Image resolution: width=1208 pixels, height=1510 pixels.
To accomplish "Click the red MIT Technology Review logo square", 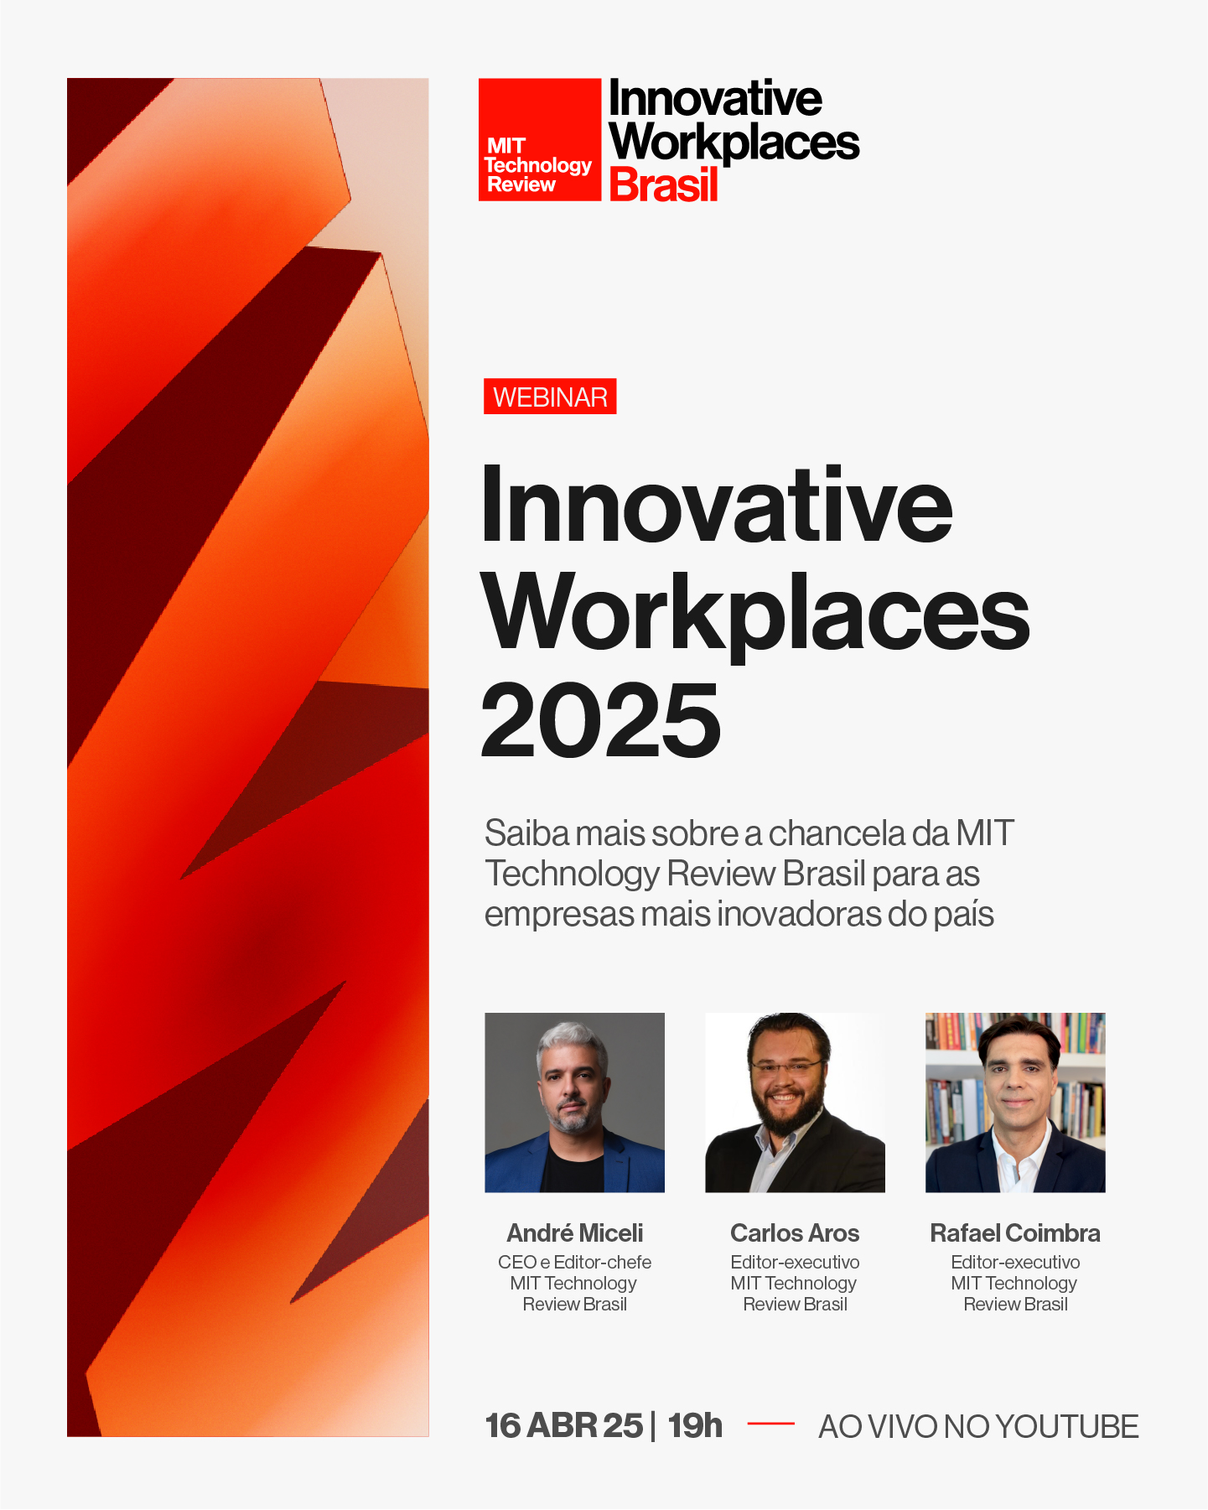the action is tap(540, 139).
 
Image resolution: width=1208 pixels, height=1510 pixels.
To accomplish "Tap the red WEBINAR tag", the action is tap(550, 397).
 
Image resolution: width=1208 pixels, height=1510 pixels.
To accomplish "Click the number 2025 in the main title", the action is tap(600, 720).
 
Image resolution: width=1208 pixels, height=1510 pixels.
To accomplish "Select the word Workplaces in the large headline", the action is tap(755, 614).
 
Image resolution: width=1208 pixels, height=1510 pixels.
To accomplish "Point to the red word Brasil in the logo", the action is tap(664, 184).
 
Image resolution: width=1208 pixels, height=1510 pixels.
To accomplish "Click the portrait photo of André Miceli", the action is tap(574, 1103).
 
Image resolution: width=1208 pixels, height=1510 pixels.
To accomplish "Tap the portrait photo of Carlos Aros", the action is tap(795, 1103).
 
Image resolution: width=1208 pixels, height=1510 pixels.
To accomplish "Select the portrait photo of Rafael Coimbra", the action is tap(1015, 1103).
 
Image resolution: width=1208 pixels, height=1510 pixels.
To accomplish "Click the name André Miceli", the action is tap(575, 1233).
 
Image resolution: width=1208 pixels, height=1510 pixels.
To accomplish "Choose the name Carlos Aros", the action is tap(795, 1233).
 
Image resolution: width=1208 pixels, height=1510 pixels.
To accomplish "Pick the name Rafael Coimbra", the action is tap(1015, 1233).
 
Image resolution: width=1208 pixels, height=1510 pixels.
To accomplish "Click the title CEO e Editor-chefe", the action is tap(574, 1262).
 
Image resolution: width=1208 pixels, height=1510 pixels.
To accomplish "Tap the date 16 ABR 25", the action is tap(564, 1426).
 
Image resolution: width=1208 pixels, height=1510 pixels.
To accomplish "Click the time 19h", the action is tap(695, 1426).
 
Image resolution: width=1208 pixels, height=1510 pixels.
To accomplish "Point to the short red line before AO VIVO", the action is tap(770, 1424).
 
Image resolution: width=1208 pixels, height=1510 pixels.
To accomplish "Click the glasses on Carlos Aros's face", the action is tap(786, 1066).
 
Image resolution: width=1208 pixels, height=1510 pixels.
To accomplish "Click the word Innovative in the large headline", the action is tap(717, 505).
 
